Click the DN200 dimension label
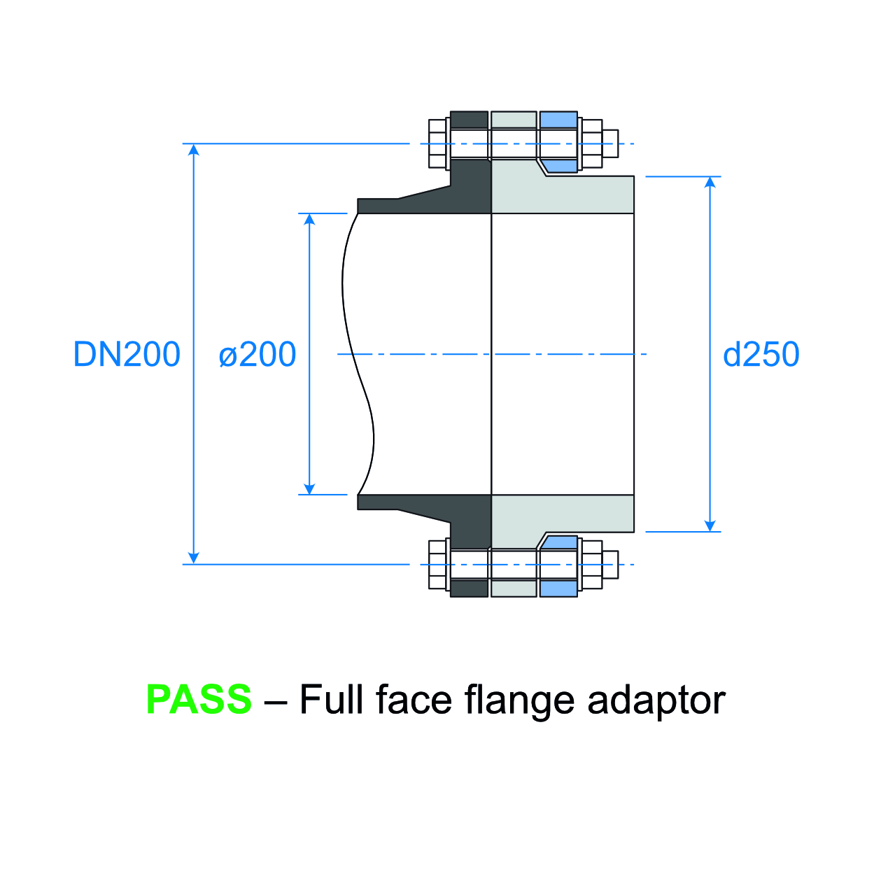pyautogui.click(x=127, y=355)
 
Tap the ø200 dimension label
pyautogui.click(x=258, y=355)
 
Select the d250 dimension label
pyautogui.click(x=761, y=355)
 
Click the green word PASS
pyautogui.click(x=199, y=699)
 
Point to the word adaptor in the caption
pyautogui.click(x=656, y=700)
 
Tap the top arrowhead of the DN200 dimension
pyautogui.click(x=195, y=150)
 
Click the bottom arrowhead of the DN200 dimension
pyautogui.click(x=195, y=558)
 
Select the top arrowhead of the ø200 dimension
pyautogui.click(x=309, y=219)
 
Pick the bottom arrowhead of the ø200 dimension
pyautogui.click(x=309, y=488)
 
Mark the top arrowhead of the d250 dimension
pyautogui.click(x=710, y=183)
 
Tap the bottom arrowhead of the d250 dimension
pyautogui.click(x=710, y=526)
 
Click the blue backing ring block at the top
pyautogui.click(x=558, y=120)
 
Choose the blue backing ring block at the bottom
pyautogui.click(x=558, y=588)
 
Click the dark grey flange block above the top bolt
pyautogui.click(x=469, y=120)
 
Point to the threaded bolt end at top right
pyautogui.click(x=610, y=143)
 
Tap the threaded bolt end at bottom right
pyautogui.click(x=610, y=565)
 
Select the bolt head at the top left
pyautogui.click(x=437, y=143)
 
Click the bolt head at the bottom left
pyautogui.click(x=437, y=565)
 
